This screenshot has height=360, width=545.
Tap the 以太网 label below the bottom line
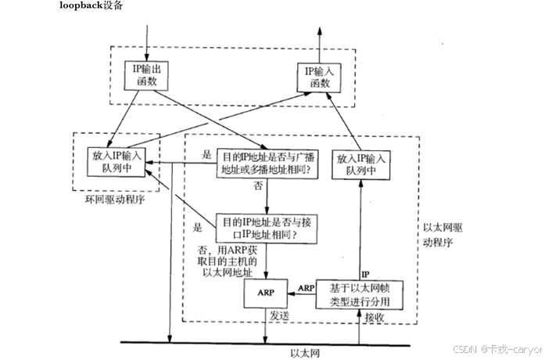point(298,352)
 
